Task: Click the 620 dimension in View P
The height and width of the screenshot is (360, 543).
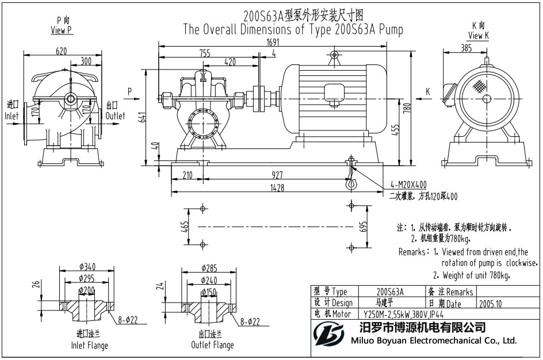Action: pyautogui.click(x=61, y=51)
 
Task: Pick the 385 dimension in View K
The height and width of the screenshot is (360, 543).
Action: pyautogui.click(x=467, y=49)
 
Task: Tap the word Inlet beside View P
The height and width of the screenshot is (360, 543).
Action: pyautogui.click(x=12, y=116)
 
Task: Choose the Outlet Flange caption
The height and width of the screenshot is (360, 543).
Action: pyautogui.click(x=212, y=345)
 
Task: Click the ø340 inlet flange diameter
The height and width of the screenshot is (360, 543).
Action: pyautogui.click(x=87, y=267)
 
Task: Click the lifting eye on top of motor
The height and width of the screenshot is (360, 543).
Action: pyautogui.click(x=334, y=56)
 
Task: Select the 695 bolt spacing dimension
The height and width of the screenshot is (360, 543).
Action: pyautogui.click(x=363, y=226)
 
